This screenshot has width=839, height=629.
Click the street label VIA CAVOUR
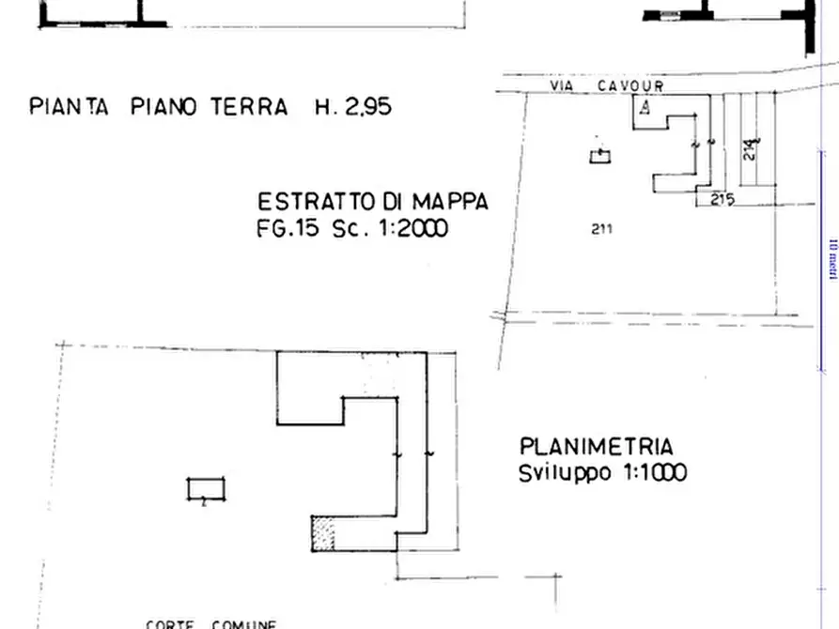point(607,86)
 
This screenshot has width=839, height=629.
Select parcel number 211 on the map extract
point(602,228)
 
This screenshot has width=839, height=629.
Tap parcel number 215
point(722,199)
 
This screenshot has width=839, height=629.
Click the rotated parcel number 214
point(749,149)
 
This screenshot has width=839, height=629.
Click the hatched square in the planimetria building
point(323,532)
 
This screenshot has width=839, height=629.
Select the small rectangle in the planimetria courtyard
point(206,489)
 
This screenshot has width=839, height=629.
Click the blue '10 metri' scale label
point(831,258)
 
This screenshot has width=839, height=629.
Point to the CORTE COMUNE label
point(210,623)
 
